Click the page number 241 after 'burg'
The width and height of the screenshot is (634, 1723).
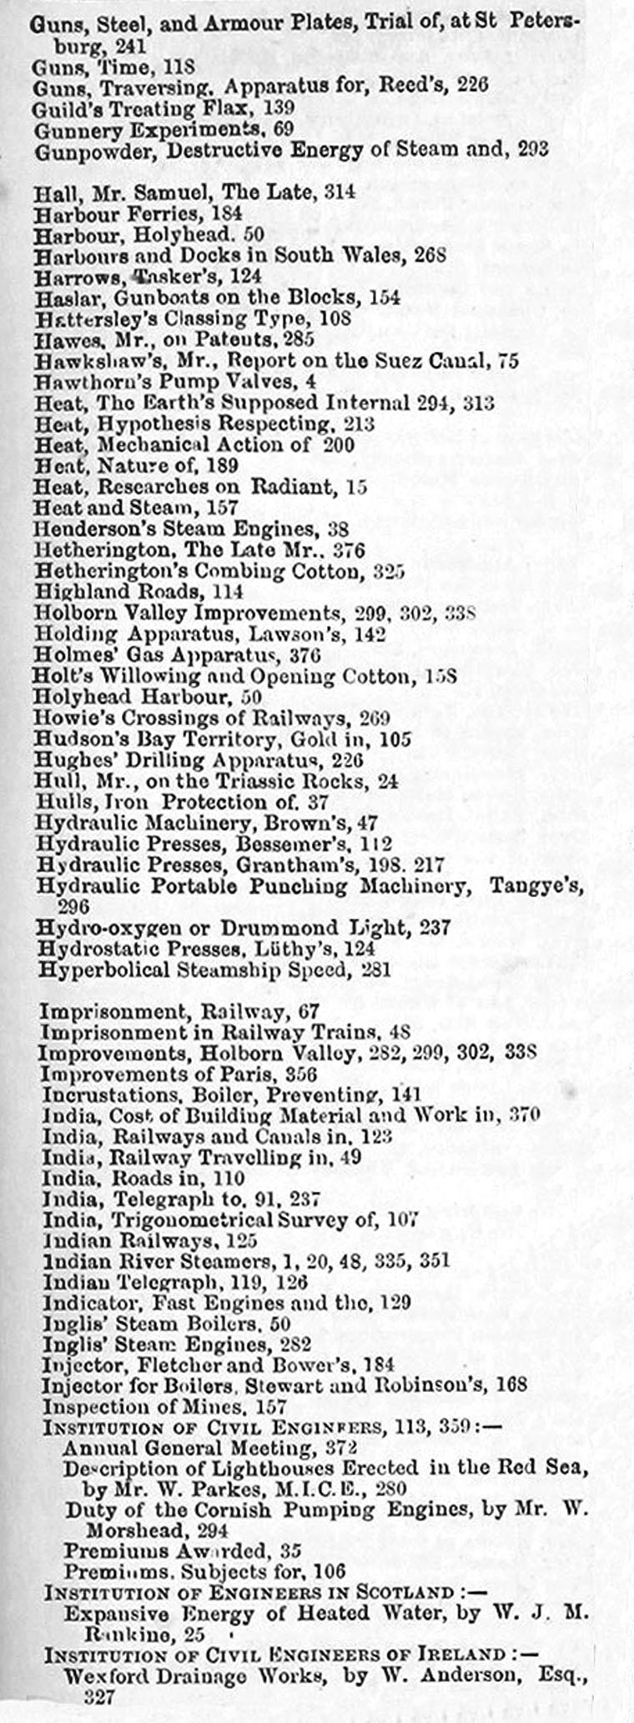pyautogui.click(x=130, y=46)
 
